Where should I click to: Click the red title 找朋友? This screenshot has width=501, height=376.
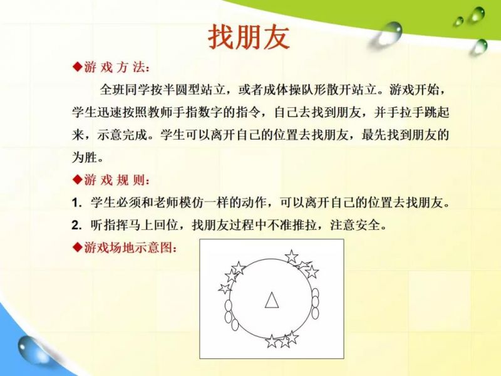pyautogui.click(x=249, y=38)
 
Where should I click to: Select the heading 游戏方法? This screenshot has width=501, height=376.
pyautogui.click(x=116, y=68)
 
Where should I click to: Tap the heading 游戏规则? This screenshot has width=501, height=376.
pyautogui.click(x=116, y=180)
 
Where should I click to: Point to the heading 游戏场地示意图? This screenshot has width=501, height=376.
pyautogui.click(x=130, y=247)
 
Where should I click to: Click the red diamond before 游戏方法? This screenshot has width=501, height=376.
pyautogui.click(x=78, y=67)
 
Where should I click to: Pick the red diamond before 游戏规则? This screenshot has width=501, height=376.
pyautogui.click(x=78, y=180)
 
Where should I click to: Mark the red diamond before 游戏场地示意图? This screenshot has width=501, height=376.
pyautogui.click(x=78, y=247)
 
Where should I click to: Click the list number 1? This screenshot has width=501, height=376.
pyautogui.click(x=75, y=203)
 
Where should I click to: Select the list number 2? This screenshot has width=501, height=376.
pyautogui.click(x=76, y=226)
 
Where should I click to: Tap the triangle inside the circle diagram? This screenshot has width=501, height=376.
pyautogui.click(x=272, y=301)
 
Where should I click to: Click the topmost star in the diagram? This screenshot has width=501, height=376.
pyautogui.click(x=291, y=256)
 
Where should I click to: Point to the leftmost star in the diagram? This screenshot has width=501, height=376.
pyautogui.click(x=225, y=288)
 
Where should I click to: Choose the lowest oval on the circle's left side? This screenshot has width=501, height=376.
pyautogui.click(x=235, y=325)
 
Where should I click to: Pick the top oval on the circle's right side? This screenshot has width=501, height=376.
pyautogui.click(x=315, y=293)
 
